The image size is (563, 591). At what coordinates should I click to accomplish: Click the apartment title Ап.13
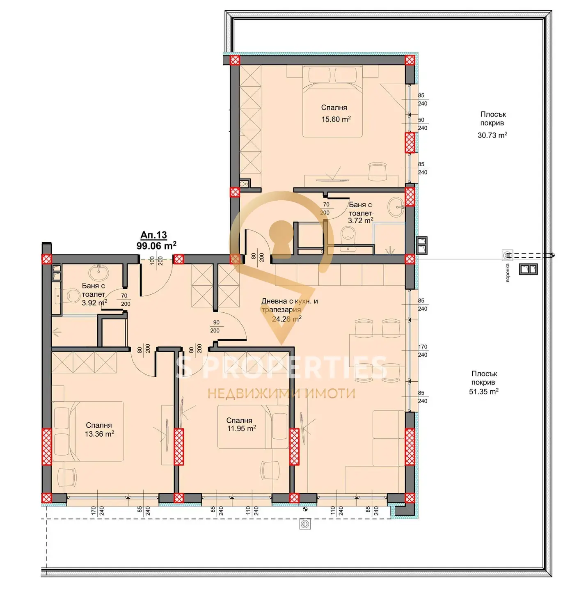coord(153,235)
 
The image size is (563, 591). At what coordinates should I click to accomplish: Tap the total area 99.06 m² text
coord(156,245)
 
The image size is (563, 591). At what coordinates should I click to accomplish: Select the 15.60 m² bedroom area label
coord(336,119)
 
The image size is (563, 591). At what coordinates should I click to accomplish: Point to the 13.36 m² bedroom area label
coord(99,434)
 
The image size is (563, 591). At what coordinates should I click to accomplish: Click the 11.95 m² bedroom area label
coord(241,428)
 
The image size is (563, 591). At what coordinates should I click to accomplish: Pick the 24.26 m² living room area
coord(287,318)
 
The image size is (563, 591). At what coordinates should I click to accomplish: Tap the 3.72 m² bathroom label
coord(360,220)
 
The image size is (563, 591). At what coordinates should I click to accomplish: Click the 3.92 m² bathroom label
coord(94,302)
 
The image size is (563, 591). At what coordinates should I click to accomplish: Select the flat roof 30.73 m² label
coord(492,135)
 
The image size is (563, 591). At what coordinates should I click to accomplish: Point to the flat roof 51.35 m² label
coord(484,392)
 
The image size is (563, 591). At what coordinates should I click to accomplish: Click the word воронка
coord(508,273)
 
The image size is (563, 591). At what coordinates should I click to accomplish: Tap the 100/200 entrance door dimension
coord(156,261)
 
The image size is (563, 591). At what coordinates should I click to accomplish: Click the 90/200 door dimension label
coord(215,326)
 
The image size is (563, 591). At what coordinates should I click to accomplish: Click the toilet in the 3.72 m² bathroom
coord(348,234)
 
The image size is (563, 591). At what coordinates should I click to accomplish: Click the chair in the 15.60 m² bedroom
coord(377,172)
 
